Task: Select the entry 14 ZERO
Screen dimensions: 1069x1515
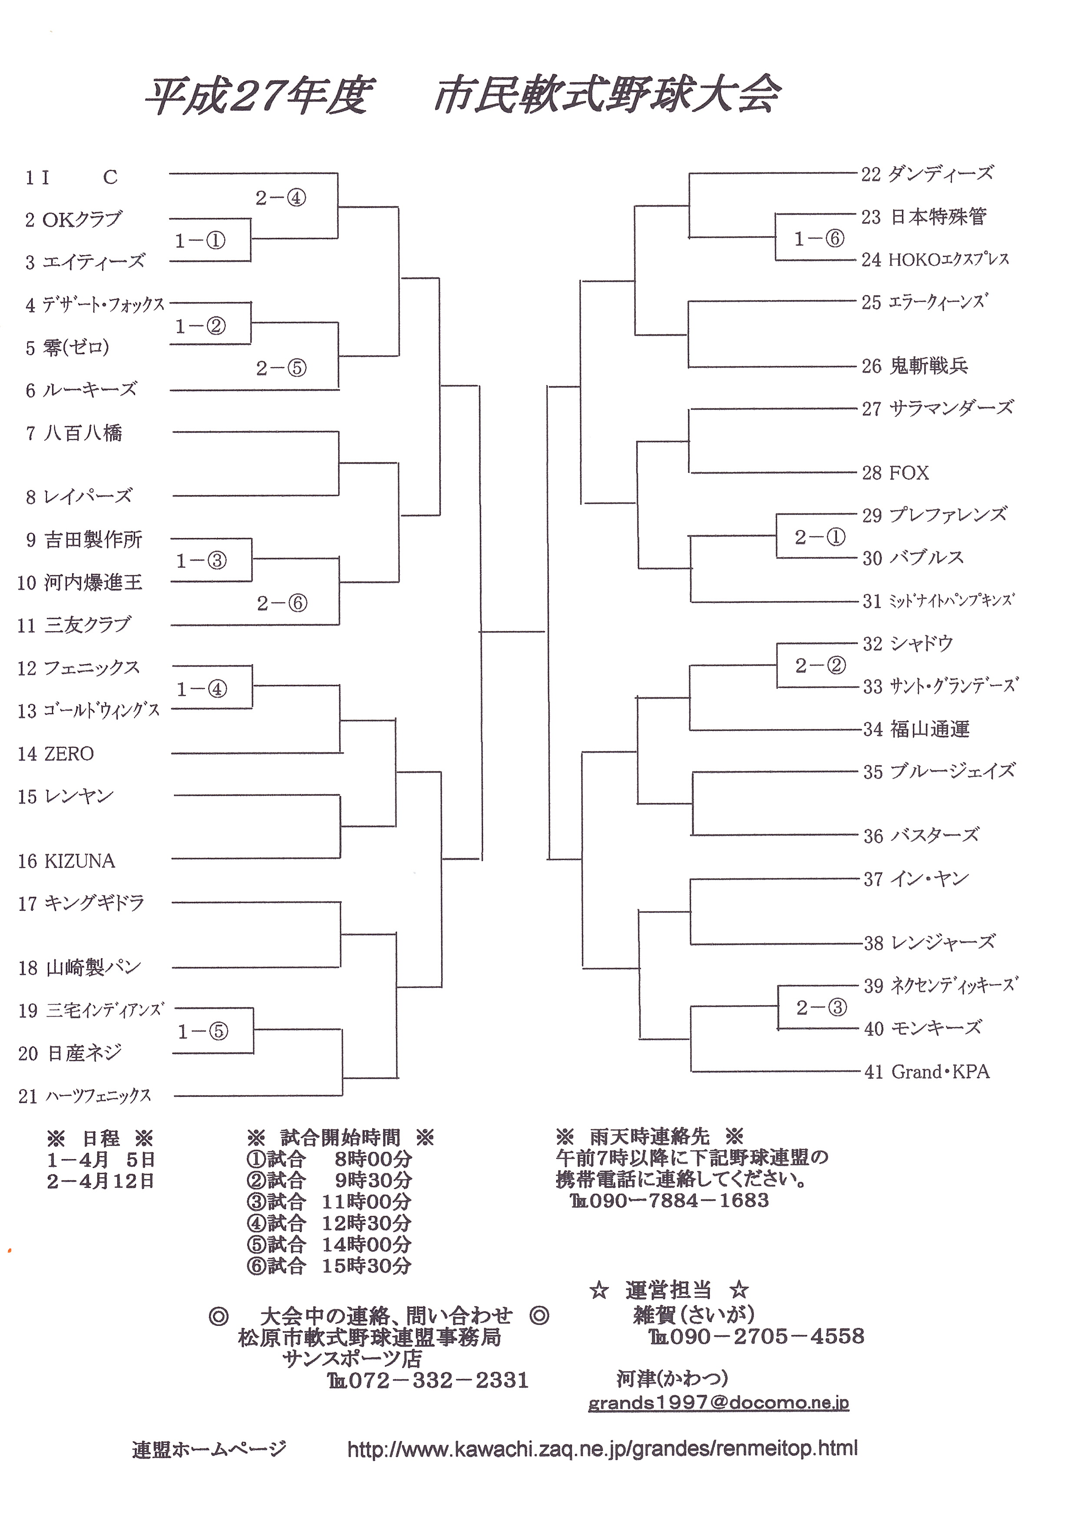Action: point(56,754)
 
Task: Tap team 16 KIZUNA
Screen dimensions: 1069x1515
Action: point(66,861)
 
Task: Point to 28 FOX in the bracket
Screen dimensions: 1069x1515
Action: point(896,473)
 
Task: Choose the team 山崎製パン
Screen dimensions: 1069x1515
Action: point(94,968)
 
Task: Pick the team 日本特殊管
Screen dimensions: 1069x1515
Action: point(938,217)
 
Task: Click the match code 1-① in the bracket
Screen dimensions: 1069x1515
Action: point(200,241)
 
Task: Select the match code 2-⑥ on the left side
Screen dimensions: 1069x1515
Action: point(282,603)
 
